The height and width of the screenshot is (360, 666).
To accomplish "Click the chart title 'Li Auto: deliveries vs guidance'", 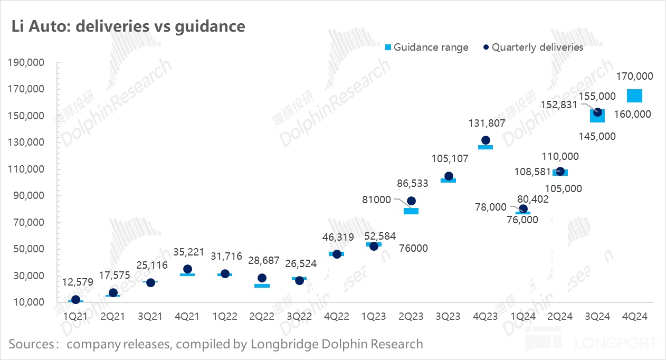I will pos(129,26).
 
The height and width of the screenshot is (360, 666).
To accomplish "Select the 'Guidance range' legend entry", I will pos(426,48).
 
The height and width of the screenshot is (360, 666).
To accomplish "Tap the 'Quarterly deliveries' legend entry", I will pos(533,48).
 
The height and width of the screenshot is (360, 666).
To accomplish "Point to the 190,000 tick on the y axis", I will pos(26,63).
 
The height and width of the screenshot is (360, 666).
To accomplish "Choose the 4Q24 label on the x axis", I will pos(634,317).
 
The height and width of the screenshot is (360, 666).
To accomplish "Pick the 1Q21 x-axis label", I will pos(75,317).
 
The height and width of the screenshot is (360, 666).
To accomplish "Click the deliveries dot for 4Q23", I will pos(486,140).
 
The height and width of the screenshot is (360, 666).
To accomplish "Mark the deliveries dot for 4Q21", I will pos(187,269).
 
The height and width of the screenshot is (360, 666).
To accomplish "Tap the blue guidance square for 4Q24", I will pos(634,96).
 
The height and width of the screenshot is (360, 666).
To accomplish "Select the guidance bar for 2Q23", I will pos(411,211).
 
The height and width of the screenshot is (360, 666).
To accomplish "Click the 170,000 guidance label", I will pos(634,76).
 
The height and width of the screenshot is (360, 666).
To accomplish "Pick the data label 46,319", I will pos(336,238).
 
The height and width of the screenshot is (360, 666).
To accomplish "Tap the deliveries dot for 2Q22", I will pos(262,278).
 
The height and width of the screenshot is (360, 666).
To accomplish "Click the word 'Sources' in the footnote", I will pos(31,345).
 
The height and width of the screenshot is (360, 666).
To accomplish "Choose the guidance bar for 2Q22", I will pos(262,286).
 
